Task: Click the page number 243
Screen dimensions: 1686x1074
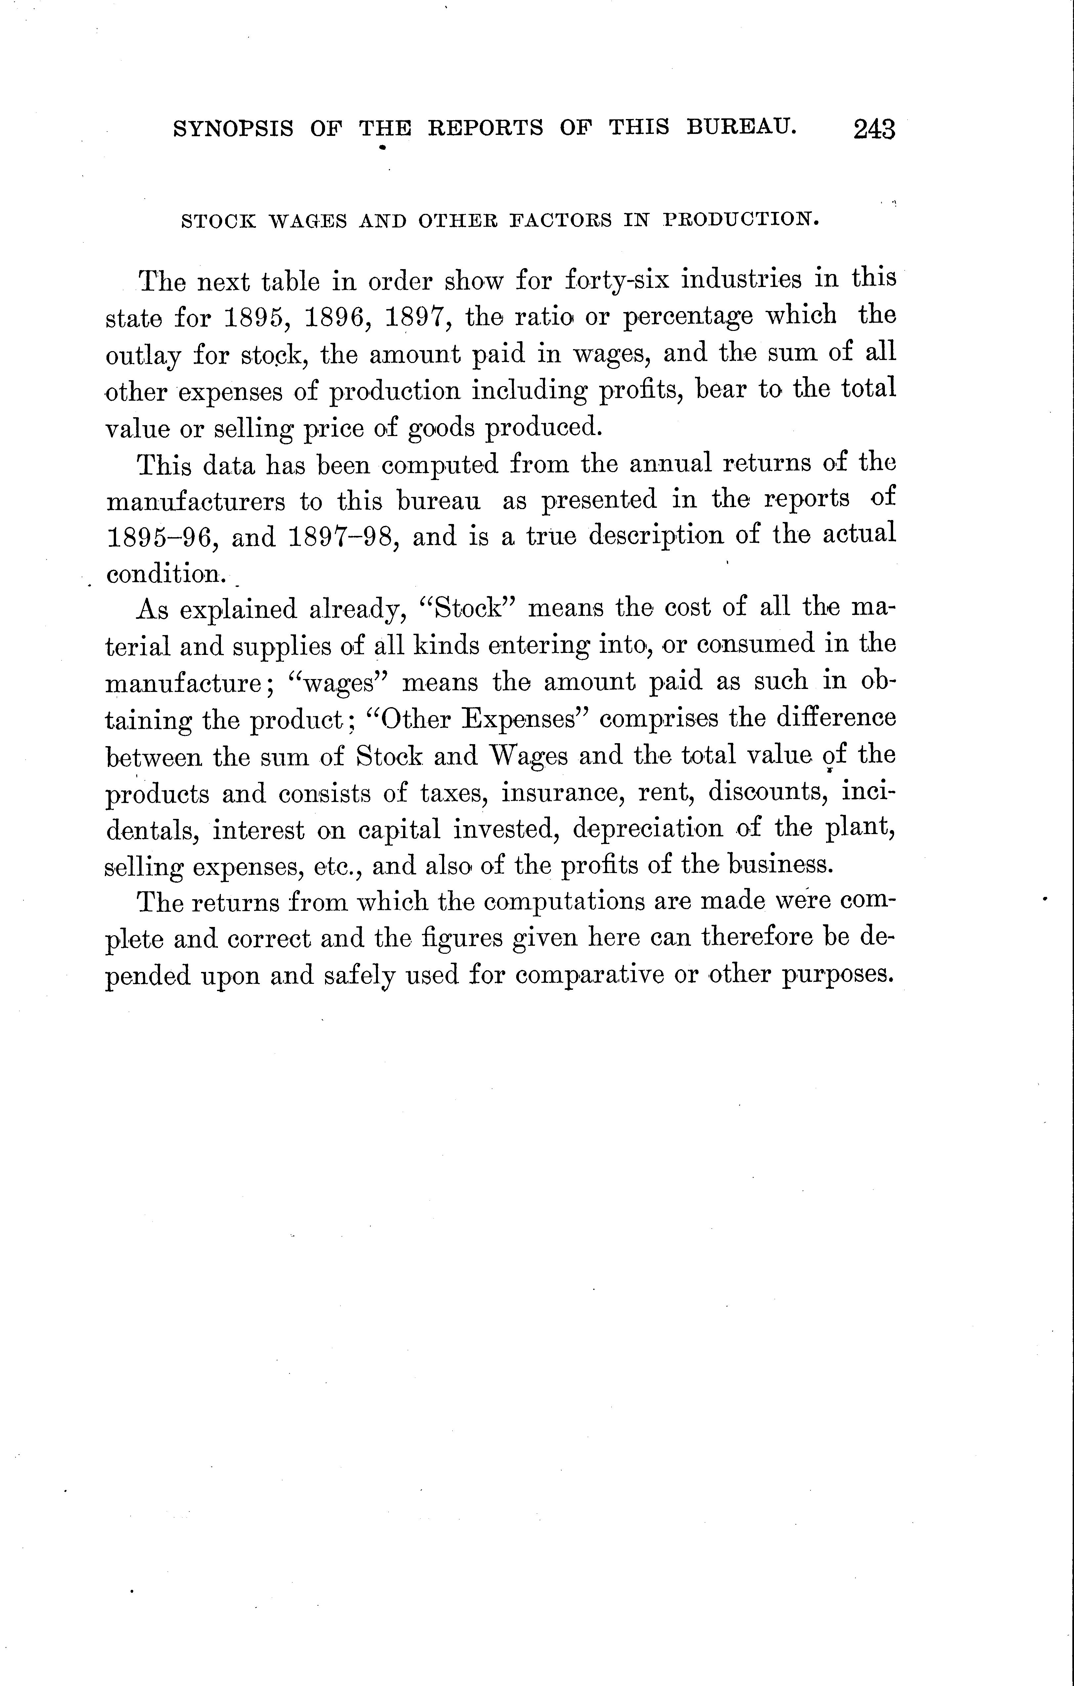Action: [x=874, y=130]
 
